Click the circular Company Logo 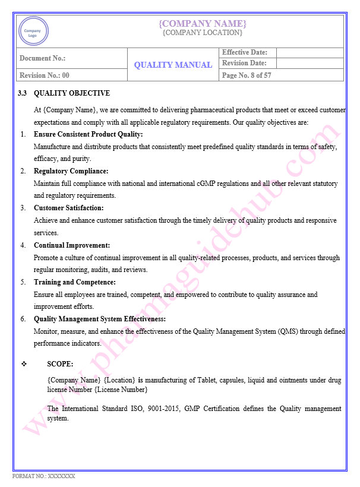point(33,31)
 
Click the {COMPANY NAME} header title point(203,23)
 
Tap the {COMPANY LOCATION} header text point(203,33)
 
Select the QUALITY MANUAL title point(173,65)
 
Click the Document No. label point(42,58)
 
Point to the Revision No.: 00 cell point(45,75)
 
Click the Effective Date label point(245,52)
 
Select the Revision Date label point(244,63)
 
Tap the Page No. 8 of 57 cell point(247,75)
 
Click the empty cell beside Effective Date point(310,52)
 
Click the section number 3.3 point(23,93)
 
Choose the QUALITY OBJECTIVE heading point(72,93)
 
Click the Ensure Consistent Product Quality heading point(89,134)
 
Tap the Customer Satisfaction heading point(69,208)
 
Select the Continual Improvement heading point(72,245)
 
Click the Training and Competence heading point(75,282)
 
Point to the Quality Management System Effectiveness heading point(99,318)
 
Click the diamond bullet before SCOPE point(24,363)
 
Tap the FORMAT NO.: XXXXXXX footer point(44,476)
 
